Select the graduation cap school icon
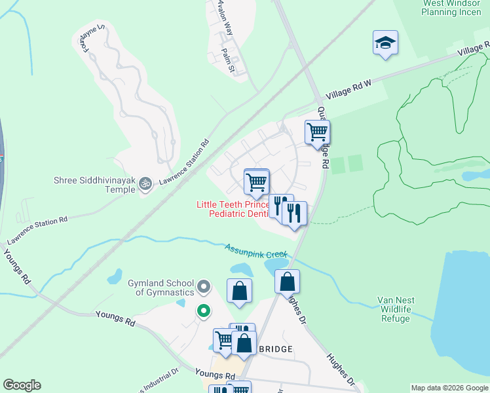pos(385,43)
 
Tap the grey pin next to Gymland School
pos(204,286)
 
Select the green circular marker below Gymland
pos(204,312)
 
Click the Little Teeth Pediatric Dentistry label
pos(233,209)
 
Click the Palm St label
pos(228,58)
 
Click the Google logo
pos(22,385)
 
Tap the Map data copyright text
pos(449,388)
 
